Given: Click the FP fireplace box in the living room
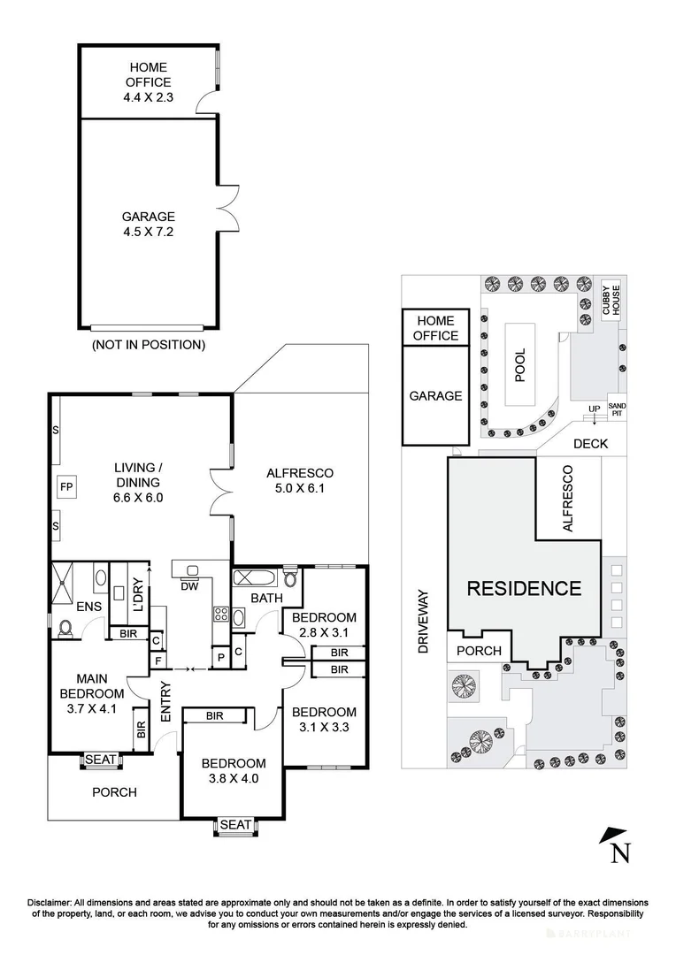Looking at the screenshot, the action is tap(66, 487).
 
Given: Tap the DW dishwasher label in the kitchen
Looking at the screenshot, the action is tap(189, 586).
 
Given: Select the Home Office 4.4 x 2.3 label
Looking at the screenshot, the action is tap(148, 82).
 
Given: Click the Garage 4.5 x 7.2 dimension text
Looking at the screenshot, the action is tap(148, 232).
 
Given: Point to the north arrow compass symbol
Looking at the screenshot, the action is tap(616, 845).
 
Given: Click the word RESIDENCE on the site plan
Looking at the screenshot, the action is tap(524, 588).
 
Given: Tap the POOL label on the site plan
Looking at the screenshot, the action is tap(520, 365).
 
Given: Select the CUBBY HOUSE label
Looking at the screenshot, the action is tap(611, 301).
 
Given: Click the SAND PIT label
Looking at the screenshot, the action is tap(617, 409).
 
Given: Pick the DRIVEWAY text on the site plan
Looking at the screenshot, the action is tap(423, 622).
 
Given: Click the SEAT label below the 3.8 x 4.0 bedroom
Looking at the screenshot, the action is tap(235, 825).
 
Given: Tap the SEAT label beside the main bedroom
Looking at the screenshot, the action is tap(101, 760).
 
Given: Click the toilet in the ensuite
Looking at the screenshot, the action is tap(65, 629).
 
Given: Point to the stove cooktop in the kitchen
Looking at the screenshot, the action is tap(220, 615).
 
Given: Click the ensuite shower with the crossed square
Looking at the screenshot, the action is tap(62, 582).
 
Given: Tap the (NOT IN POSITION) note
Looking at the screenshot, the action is tap(148, 345).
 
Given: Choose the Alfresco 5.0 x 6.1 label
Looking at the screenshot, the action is tap(300, 480).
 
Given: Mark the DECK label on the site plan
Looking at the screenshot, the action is tap(591, 443).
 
